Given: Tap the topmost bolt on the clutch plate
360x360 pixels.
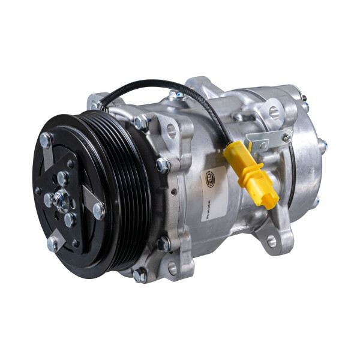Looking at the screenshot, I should pyautogui.click(x=46, y=140).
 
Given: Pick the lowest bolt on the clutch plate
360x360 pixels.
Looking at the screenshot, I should pyautogui.click(x=53, y=243).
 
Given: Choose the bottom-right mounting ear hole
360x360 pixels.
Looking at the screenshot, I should pyautogui.click(x=271, y=241).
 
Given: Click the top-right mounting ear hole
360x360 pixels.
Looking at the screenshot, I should pyautogui.click(x=274, y=112).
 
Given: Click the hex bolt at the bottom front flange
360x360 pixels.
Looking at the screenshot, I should pyautogui.click(x=139, y=275).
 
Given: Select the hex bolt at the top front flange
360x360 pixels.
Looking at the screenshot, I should pyautogui.click(x=142, y=122).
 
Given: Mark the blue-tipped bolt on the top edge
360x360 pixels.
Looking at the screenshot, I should pyautogui.click(x=175, y=95).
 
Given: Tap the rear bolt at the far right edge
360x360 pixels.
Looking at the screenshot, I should pyautogui.click(x=322, y=145).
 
